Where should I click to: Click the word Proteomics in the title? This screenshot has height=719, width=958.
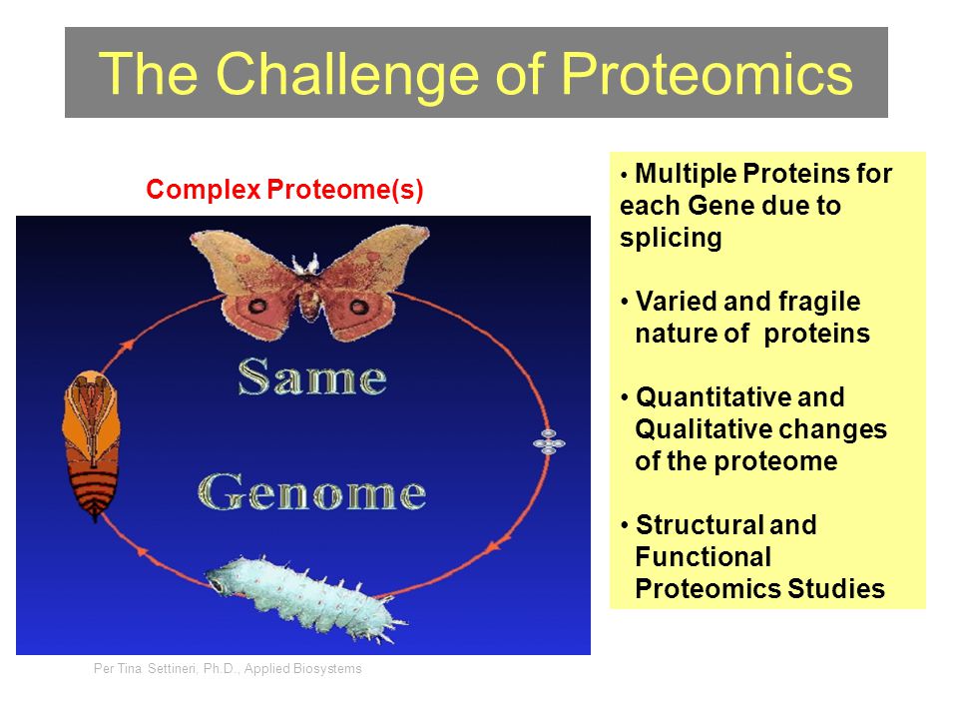point(707,74)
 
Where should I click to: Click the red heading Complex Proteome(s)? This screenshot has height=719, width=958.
point(284,189)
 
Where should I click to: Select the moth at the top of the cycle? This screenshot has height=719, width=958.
point(309,282)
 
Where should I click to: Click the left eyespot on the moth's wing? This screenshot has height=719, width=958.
point(257,306)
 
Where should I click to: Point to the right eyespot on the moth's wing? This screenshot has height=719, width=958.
point(359,305)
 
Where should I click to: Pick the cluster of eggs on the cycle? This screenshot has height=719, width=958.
point(549,441)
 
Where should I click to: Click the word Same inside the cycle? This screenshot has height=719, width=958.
point(312,376)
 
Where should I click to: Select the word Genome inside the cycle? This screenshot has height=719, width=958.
point(311,491)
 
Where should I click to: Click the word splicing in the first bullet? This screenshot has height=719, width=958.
point(671,238)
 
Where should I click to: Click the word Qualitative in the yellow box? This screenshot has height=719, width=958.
point(702,429)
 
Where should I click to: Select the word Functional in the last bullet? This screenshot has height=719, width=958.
point(704,557)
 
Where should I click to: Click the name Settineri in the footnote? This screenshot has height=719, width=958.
point(172,668)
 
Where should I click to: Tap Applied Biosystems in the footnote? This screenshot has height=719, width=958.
point(303,668)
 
